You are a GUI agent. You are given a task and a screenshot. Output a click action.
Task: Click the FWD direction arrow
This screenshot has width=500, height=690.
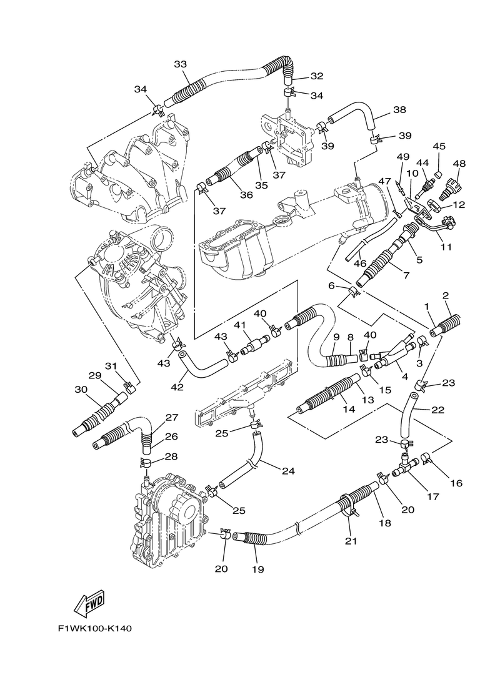pyautogui.click(x=89, y=603)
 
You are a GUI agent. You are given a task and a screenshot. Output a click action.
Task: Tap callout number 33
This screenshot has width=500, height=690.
pyautogui.click(x=181, y=64)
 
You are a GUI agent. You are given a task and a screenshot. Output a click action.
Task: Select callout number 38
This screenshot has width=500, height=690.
pyautogui.click(x=399, y=110)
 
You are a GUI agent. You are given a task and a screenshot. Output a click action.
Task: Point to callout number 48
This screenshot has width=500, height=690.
pyautogui.click(x=459, y=164)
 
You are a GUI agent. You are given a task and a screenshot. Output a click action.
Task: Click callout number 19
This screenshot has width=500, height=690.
pyautogui.click(x=257, y=569)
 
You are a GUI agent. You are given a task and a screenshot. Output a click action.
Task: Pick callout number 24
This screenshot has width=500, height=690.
pyautogui.click(x=287, y=471)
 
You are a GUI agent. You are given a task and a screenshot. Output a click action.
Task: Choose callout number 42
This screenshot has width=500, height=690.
pyautogui.click(x=177, y=387)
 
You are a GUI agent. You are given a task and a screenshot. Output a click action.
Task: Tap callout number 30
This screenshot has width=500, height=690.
pyautogui.click(x=81, y=389)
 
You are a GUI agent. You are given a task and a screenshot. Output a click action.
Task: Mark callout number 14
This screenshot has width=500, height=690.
pyautogui.click(x=349, y=409)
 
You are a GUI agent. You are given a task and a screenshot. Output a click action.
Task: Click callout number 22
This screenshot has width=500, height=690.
pyautogui.click(x=437, y=410)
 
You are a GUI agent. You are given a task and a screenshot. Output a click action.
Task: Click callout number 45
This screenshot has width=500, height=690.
pyautogui.click(x=439, y=147)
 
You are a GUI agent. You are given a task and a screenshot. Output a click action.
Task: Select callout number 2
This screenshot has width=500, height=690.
pyautogui.click(x=446, y=295)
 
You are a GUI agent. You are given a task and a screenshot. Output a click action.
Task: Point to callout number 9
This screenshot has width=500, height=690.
pyautogui.click(x=336, y=337)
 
